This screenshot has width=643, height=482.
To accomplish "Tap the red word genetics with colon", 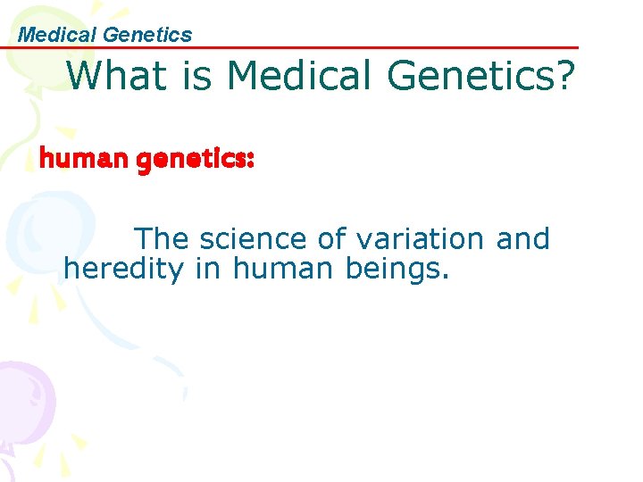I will tap(198, 160).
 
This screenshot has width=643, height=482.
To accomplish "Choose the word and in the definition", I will tap(522, 239).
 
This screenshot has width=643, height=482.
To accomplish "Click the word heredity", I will tap(122, 268).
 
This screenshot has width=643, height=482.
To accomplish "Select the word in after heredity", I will tap(207, 268).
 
